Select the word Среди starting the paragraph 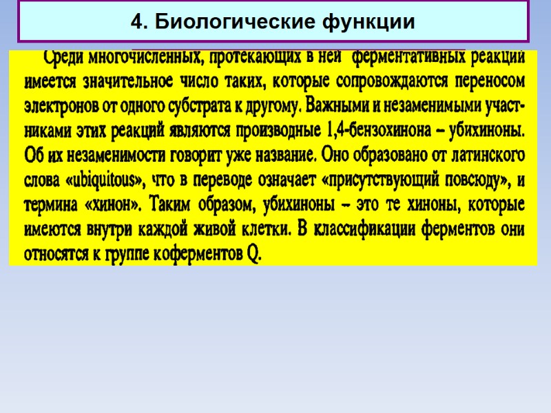[63, 57]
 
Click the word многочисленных [144, 57]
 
